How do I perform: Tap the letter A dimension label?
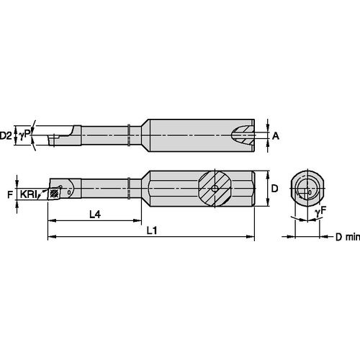[x=276, y=135]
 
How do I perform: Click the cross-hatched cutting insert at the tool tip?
[x=53, y=193]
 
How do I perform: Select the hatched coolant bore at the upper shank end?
[x=247, y=135]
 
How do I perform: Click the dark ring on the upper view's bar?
[x=127, y=135]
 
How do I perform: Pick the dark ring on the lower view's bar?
[x=127, y=189]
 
